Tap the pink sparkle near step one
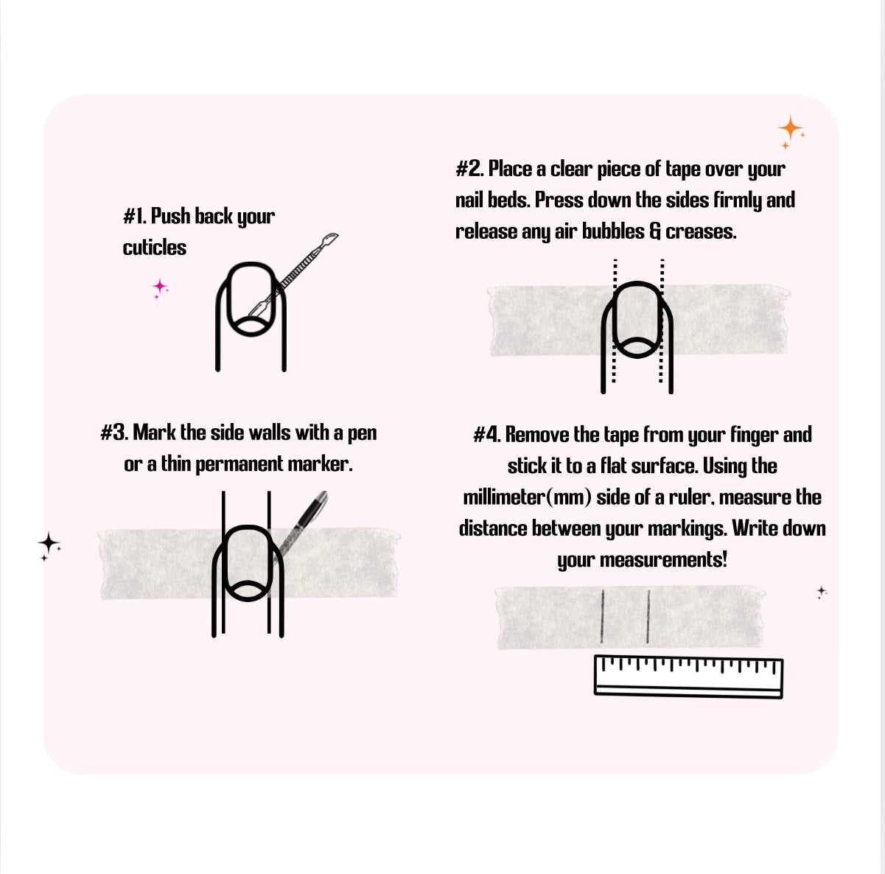tap(160, 288)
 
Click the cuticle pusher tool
tap(294, 275)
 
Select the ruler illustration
tap(688, 677)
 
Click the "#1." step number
tap(135, 216)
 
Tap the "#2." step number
tap(469, 169)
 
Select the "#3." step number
tap(114, 433)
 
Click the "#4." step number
tap(487, 435)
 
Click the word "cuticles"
tap(154, 247)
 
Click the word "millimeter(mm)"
tap(527, 497)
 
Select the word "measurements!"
tap(663, 559)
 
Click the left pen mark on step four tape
tap(602, 616)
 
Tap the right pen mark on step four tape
tap(648, 616)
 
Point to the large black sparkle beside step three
tap(48, 543)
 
